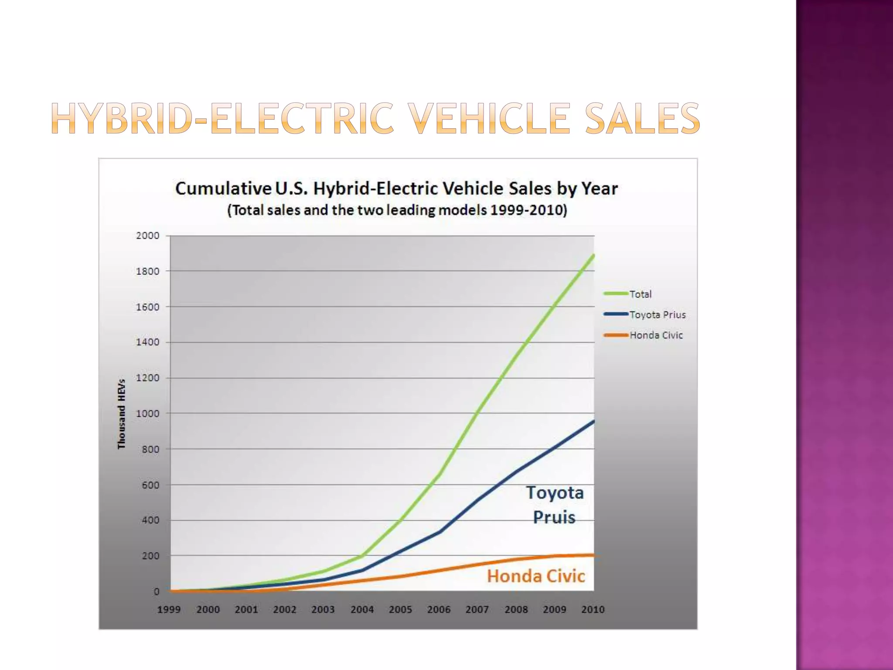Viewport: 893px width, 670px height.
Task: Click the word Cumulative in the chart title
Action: click(223, 189)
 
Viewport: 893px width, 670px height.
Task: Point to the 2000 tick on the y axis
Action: click(148, 236)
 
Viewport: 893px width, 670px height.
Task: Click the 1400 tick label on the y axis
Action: click(148, 342)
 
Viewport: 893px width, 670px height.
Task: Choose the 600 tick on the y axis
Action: click(150, 485)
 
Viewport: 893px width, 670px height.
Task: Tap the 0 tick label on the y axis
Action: click(156, 592)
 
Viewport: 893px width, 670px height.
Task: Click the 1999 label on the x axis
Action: click(169, 609)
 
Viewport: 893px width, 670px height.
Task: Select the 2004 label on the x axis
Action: click(362, 609)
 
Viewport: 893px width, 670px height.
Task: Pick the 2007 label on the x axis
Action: click(477, 609)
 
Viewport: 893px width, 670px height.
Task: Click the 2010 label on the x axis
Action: click(593, 609)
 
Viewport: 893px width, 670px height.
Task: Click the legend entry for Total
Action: click(640, 294)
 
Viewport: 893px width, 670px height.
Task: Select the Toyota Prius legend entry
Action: click(658, 315)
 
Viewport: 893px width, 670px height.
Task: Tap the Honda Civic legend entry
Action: click(656, 335)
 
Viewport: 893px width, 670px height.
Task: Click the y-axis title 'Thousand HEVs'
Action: click(121, 414)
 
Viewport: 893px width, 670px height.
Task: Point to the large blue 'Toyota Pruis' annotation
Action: click(555, 505)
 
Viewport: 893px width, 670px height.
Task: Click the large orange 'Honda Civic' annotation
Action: click(536, 576)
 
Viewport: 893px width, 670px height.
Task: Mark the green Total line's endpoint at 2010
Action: click(593, 256)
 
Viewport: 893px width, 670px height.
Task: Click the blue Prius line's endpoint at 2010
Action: click(593, 421)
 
